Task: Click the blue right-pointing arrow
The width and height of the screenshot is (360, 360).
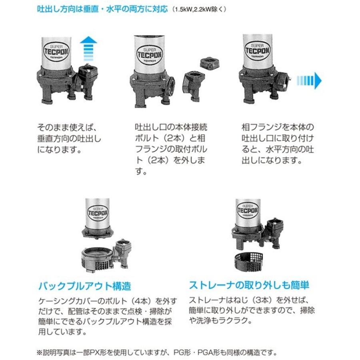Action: click(x=310, y=81)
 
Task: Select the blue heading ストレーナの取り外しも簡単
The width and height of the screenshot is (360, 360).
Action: click(x=249, y=285)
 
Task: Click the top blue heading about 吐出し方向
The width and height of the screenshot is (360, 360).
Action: click(x=102, y=8)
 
